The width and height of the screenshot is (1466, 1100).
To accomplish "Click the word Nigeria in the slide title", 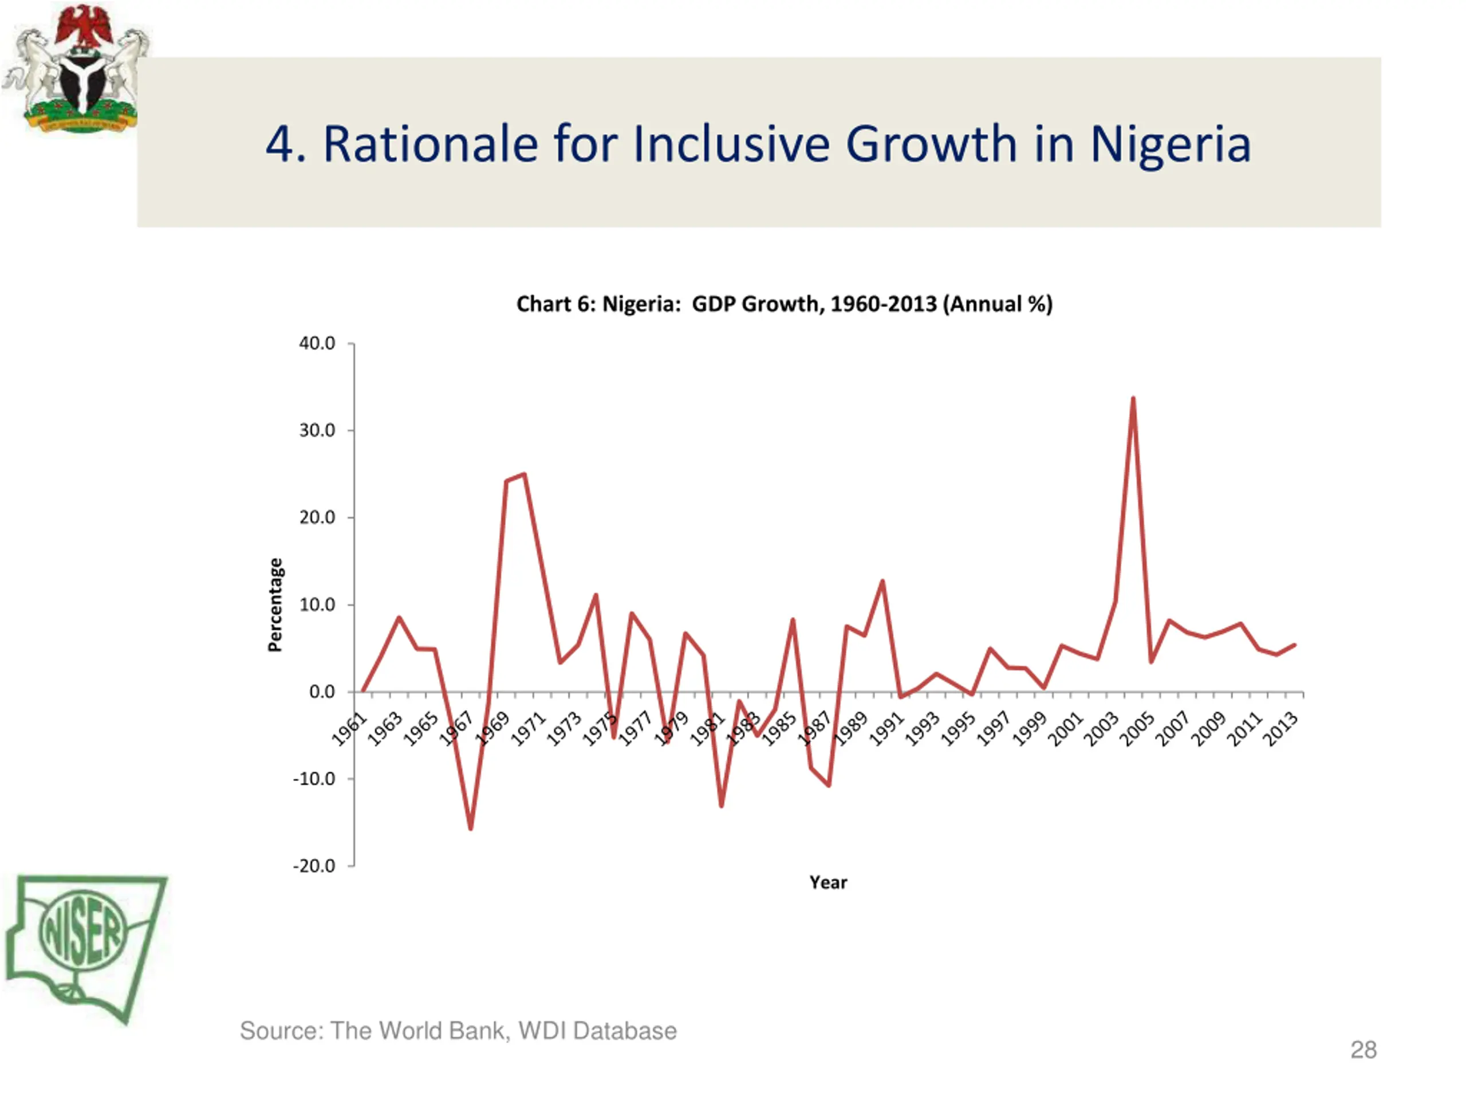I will tap(1170, 144).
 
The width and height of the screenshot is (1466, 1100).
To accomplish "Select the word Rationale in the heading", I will tap(430, 144).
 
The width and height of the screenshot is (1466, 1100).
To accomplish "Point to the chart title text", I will tap(784, 304).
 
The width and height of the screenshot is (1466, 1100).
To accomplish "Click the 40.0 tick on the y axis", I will tap(317, 343).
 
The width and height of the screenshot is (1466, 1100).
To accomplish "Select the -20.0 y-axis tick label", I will tap(314, 866).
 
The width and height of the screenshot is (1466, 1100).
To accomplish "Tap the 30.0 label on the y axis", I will tap(317, 430).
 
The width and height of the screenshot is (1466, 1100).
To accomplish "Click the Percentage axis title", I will tap(275, 604).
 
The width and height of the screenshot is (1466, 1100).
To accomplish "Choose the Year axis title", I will tap(827, 882).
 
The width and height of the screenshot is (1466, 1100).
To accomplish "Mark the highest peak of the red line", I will tap(1133, 399).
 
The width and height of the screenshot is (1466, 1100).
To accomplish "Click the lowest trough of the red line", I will tap(471, 828).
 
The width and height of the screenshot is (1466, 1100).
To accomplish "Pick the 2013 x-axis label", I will tap(1280, 729).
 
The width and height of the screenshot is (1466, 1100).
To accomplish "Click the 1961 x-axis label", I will tap(349, 729).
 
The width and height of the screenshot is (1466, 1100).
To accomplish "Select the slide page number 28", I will tap(1363, 1050).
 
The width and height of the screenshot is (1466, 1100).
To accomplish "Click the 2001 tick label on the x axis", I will tap(1065, 729).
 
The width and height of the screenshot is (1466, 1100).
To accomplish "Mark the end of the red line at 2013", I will tap(1294, 645).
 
